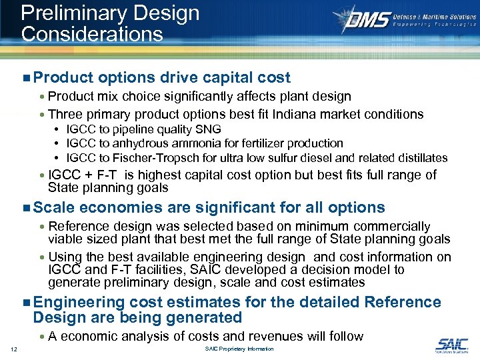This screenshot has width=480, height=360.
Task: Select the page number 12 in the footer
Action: coord(14,349)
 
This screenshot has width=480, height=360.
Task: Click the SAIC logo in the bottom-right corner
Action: coord(451,345)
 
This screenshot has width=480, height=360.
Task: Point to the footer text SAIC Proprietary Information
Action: coord(239,349)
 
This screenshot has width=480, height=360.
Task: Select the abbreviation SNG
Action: coord(209,129)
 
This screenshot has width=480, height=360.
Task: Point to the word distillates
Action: coord(419,158)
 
